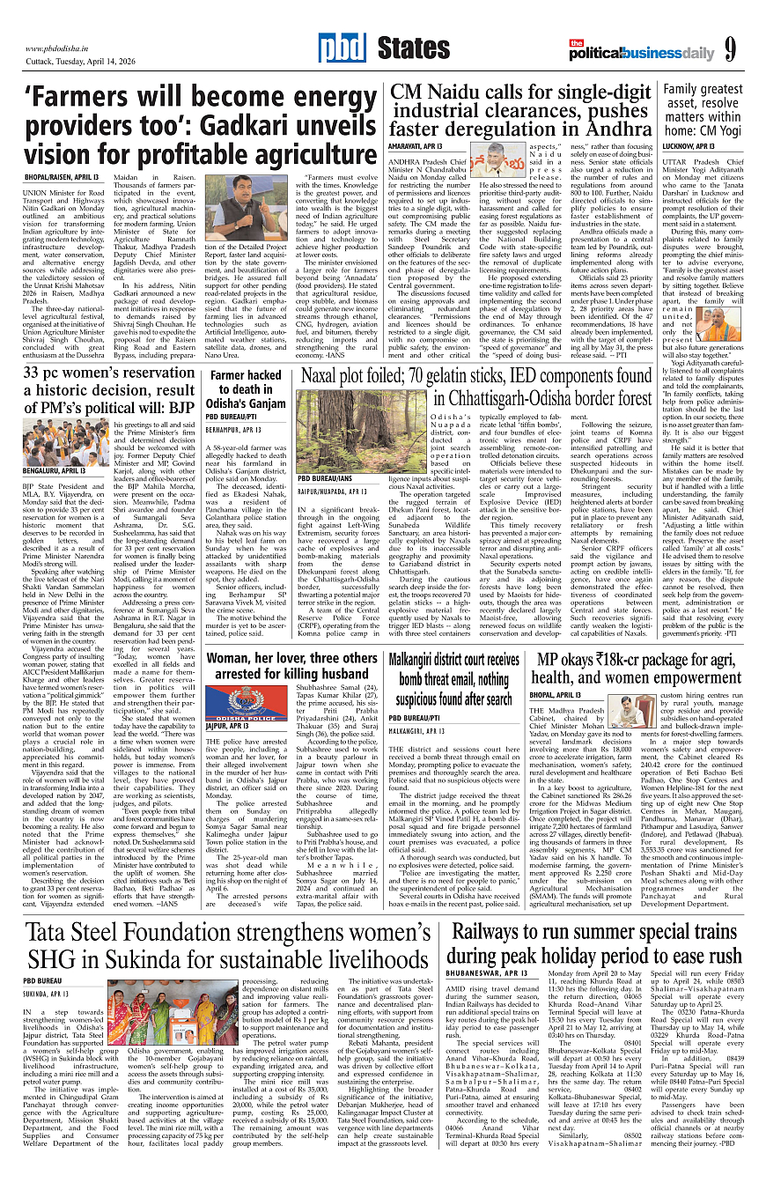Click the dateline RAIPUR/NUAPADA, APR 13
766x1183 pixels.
pos(332,492)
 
